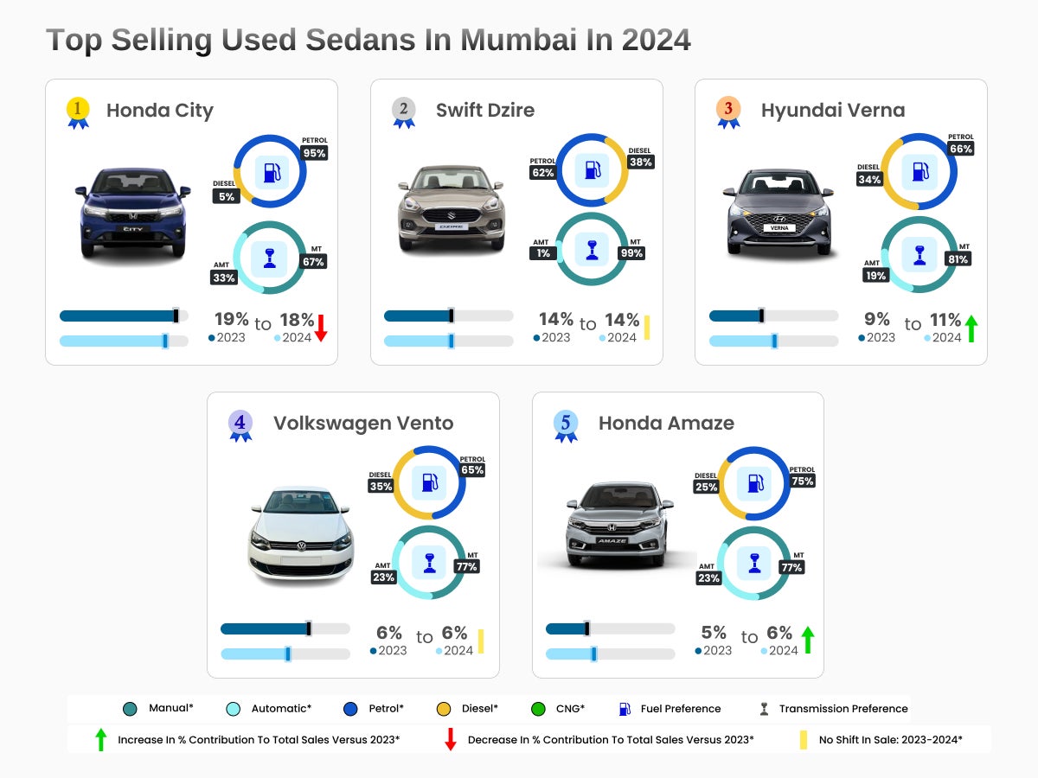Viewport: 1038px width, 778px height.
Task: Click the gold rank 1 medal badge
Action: [78, 111]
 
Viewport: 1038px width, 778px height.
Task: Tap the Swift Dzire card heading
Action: [484, 111]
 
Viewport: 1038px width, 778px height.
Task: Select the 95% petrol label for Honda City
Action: [315, 153]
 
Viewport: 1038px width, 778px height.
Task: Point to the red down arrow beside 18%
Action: [320, 328]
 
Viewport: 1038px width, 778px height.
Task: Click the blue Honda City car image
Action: [132, 212]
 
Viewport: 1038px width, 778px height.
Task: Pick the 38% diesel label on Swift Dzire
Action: [641, 162]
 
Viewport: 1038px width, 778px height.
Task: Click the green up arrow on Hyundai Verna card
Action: [971, 328]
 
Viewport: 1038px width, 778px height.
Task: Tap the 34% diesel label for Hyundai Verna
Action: [870, 180]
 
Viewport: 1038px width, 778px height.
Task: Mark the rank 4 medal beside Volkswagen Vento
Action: [240, 424]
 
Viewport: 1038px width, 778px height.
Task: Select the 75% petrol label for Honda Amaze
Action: [803, 481]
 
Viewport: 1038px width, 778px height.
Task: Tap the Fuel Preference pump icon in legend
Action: [625, 709]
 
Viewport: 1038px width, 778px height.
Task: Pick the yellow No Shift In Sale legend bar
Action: [804, 740]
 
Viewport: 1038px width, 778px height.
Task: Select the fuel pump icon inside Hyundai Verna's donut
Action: [919, 171]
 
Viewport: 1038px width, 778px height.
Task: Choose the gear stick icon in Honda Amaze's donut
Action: [753, 564]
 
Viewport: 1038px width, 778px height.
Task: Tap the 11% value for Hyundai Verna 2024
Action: [945, 321]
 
